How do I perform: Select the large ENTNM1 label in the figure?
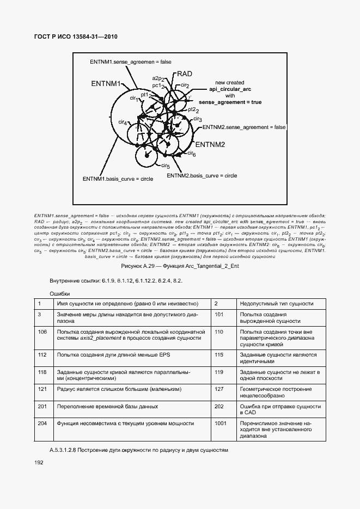(106, 84)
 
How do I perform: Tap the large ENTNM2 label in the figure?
(210, 145)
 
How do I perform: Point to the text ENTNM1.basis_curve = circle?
(118, 178)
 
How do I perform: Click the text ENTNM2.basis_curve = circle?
(202, 175)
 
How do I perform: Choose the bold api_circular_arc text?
(230, 89)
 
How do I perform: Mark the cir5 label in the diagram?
(165, 165)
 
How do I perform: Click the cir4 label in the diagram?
(123, 122)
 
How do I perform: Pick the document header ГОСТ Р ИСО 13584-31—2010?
(76, 37)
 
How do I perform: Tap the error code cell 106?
(42, 331)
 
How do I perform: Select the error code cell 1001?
(221, 422)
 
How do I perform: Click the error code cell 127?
(219, 389)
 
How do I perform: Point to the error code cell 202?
(219, 406)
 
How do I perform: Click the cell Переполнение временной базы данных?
(108, 406)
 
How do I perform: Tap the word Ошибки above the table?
(60, 293)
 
